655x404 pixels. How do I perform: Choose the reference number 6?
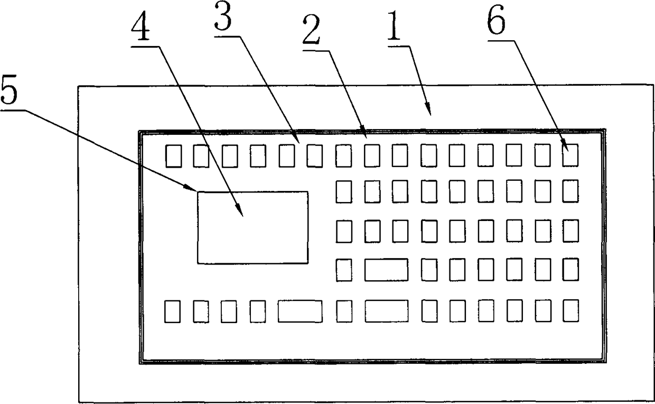[x=496, y=22]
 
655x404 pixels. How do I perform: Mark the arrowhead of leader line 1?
[x=430, y=113]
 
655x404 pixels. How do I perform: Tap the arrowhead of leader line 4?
[x=241, y=214]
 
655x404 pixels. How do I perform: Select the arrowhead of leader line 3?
[x=297, y=142]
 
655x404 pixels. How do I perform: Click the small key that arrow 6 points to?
[x=570, y=155]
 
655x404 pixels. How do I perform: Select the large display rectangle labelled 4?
[x=252, y=227]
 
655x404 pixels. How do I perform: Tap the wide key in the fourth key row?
[x=386, y=270]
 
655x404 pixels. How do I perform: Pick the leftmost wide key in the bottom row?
[x=300, y=311]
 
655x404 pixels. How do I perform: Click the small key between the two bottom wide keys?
[x=344, y=311]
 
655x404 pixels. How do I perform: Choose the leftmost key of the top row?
[x=173, y=156]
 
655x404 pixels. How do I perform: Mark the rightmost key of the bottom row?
[x=570, y=310]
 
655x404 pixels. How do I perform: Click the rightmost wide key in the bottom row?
[x=386, y=311]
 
